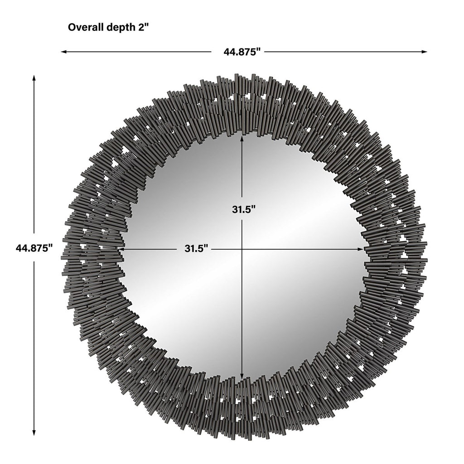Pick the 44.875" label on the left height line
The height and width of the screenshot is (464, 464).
pos(34,248)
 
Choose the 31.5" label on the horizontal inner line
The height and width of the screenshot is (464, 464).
pos(196,248)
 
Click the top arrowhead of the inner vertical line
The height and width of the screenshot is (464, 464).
pos(242,135)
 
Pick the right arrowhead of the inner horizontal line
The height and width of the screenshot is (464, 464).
pos(367,249)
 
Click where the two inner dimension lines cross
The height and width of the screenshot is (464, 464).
pos(242,249)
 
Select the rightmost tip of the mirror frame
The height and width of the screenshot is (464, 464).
pos(427,261)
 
